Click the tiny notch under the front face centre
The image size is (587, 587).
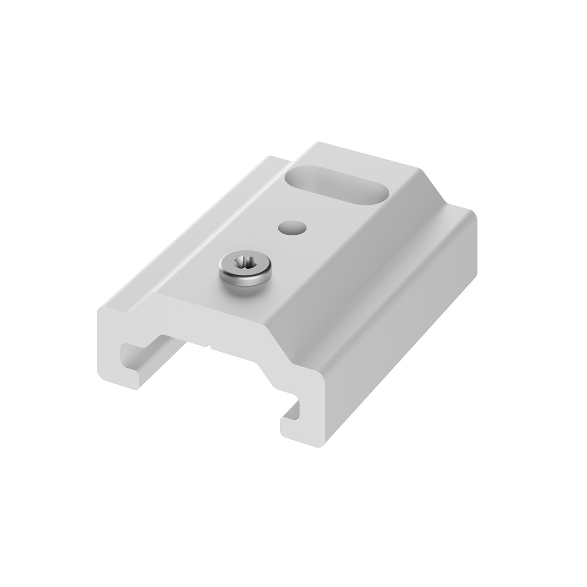209,349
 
